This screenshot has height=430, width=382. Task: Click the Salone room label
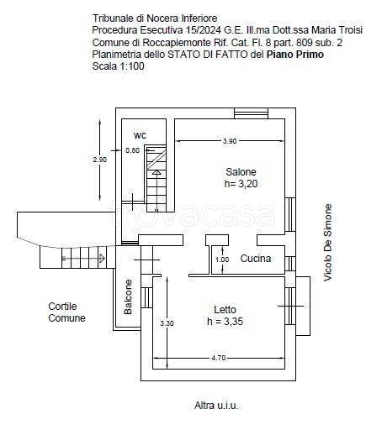(x=241, y=171)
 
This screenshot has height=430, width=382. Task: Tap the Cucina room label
(x=256, y=259)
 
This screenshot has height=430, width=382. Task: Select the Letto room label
(x=225, y=310)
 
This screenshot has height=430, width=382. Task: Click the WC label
(x=140, y=136)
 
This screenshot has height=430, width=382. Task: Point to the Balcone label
(x=128, y=296)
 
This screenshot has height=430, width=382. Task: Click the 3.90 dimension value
(x=230, y=141)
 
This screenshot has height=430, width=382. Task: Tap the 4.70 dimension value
(x=219, y=358)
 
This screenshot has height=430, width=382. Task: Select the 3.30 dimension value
(x=167, y=323)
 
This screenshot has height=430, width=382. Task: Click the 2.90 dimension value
(x=100, y=160)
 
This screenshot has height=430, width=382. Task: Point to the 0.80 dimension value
(x=132, y=150)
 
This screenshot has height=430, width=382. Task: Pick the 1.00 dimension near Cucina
(x=222, y=260)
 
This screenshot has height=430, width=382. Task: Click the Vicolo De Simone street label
(x=327, y=243)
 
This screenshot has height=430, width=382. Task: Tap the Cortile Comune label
(x=66, y=312)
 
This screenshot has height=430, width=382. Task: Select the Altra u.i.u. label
(x=216, y=406)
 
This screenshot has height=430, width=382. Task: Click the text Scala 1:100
(x=118, y=66)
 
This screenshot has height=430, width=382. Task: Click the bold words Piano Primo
(x=295, y=55)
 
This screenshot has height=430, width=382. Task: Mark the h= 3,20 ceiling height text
(x=241, y=184)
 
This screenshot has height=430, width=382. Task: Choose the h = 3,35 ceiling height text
(x=225, y=322)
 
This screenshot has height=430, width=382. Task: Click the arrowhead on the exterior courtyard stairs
(x=102, y=258)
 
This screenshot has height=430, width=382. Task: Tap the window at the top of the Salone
(x=251, y=113)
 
